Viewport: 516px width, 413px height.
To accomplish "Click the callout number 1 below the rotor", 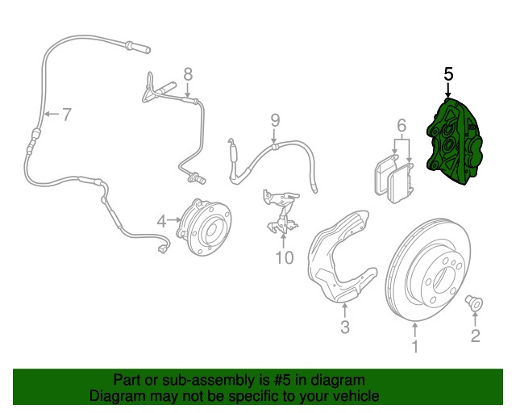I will [415, 348].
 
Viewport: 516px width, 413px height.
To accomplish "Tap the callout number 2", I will [475, 336].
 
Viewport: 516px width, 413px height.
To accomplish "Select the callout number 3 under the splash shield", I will [344, 327].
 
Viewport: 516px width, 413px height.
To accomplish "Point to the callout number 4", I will [161, 220].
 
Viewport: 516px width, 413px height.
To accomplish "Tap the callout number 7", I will [66, 115].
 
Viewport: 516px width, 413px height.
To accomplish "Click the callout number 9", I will [274, 120].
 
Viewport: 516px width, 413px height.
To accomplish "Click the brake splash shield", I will [339, 258].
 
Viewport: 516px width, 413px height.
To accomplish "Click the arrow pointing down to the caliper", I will [448, 91].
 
